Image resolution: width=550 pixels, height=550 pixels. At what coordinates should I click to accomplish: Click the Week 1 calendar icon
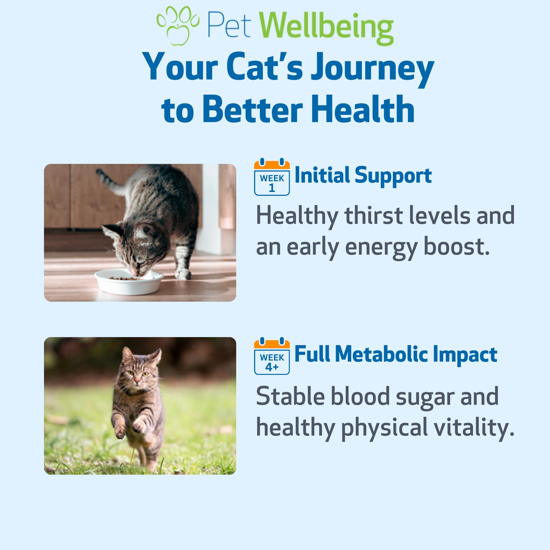click(x=272, y=177)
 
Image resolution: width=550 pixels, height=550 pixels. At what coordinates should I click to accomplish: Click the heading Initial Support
click(x=363, y=175)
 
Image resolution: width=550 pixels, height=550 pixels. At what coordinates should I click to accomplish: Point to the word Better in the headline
click(x=252, y=110)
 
